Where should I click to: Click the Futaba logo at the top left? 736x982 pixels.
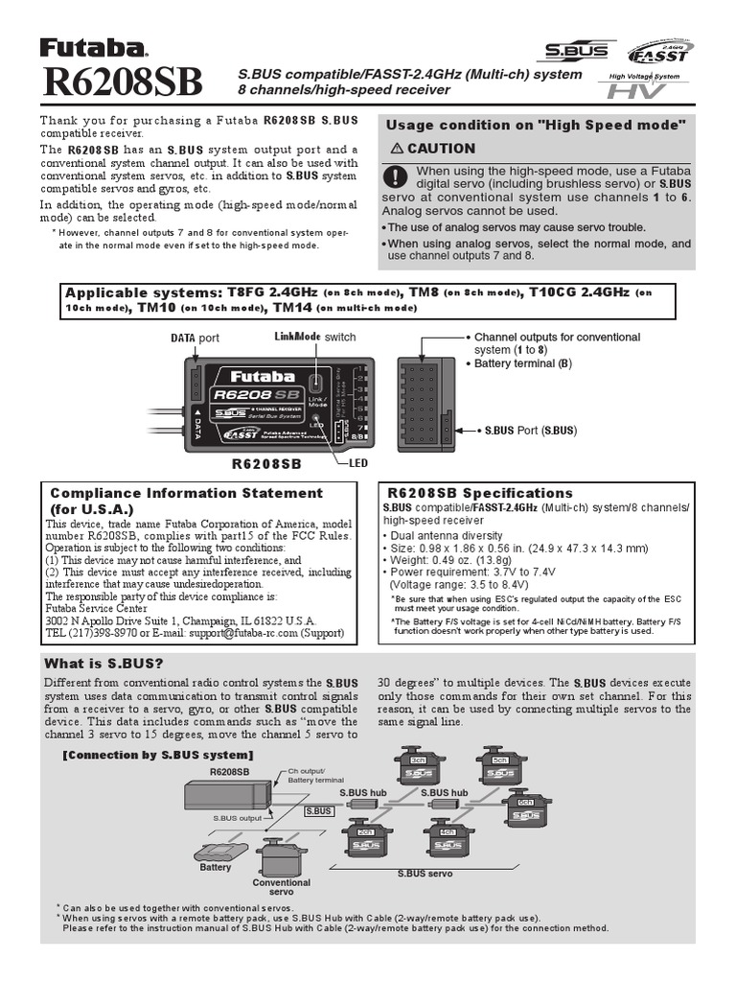(x=93, y=47)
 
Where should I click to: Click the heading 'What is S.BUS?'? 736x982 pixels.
(x=103, y=664)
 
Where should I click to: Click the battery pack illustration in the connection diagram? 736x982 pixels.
(x=221, y=852)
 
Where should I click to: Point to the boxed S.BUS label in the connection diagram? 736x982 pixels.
(x=318, y=811)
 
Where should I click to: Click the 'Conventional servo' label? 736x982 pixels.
(x=281, y=887)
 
